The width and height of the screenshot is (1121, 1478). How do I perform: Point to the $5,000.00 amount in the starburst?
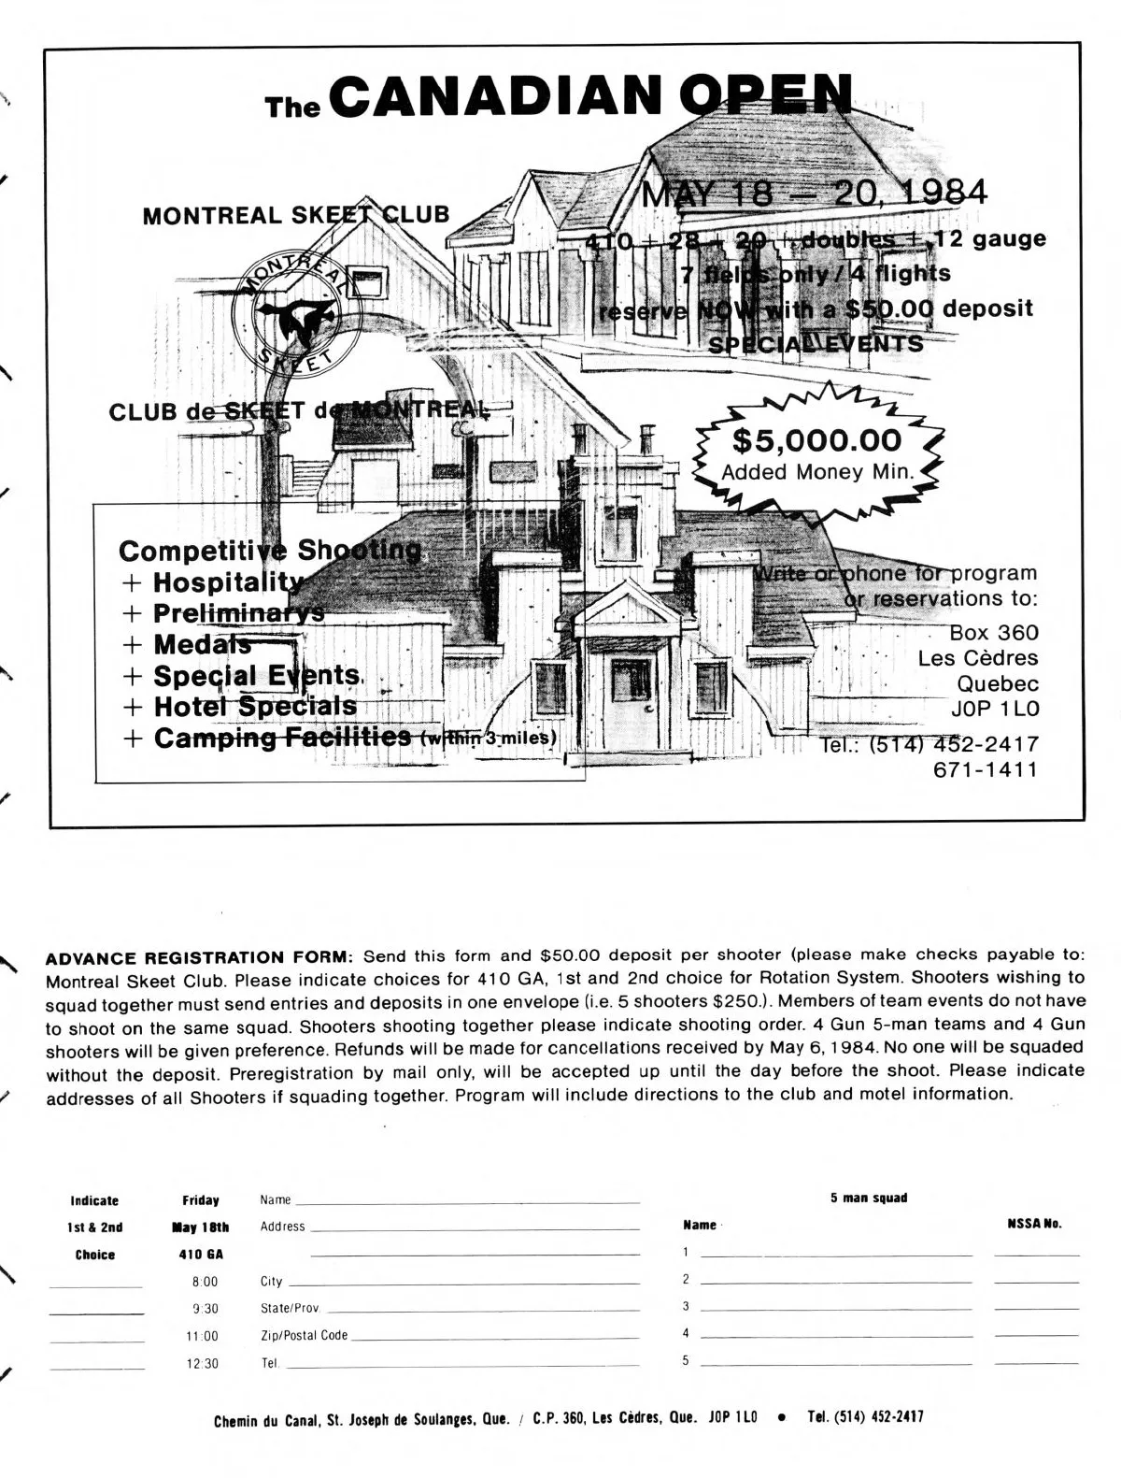tap(816, 440)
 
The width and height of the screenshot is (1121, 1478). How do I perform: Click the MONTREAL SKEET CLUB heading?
tap(295, 215)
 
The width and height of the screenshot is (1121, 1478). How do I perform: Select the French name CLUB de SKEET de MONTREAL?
tap(298, 410)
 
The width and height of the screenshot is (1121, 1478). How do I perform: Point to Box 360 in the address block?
tap(994, 633)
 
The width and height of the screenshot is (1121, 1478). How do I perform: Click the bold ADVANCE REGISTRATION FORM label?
tap(199, 956)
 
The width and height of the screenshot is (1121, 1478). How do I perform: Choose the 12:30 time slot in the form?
tap(204, 1364)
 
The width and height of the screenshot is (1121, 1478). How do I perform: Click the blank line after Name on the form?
tap(467, 1200)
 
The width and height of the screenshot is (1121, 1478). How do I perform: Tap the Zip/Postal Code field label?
tap(304, 1336)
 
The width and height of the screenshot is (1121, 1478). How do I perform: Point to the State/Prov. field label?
tap(291, 1308)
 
